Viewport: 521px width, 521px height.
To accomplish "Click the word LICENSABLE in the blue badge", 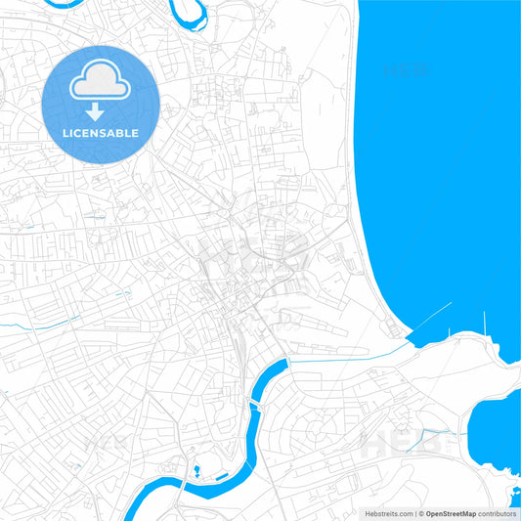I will click(100, 133).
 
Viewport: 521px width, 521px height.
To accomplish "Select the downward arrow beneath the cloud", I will click(95, 110).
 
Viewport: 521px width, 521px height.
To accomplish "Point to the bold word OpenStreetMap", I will click(452, 513).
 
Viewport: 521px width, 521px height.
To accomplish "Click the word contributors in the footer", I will click(497, 513).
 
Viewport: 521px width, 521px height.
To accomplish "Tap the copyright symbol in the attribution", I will click(421, 513).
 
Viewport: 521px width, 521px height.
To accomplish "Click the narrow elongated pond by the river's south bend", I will click(222, 476).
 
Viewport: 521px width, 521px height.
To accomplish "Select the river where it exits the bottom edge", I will click(130, 512).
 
